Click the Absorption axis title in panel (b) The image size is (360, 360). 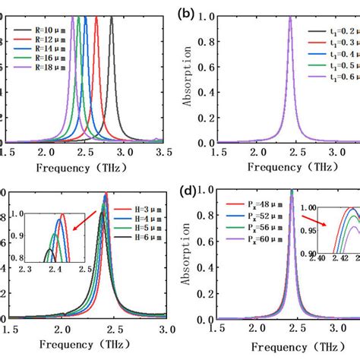pos(189,80)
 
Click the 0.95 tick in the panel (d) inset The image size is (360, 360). pos(310,231)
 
